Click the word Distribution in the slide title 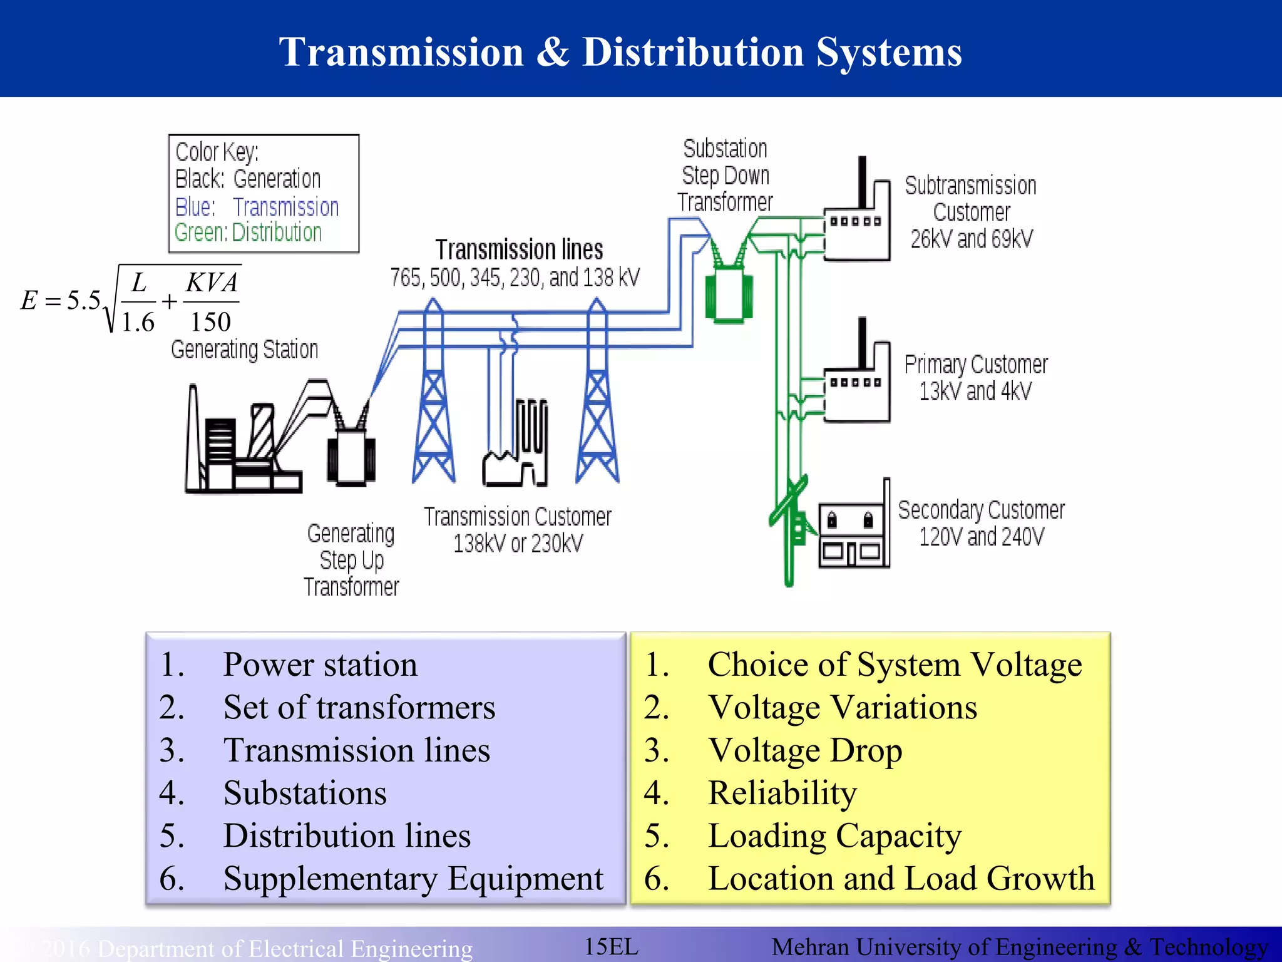(692, 52)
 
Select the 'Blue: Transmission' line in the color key (257, 207)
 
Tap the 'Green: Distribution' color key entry (248, 233)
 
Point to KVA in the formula (212, 283)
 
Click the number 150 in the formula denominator (210, 322)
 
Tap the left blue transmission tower (433, 401)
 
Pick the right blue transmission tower (597, 401)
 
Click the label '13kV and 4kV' (975, 391)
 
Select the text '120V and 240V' (981, 537)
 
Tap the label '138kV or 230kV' (518, 544)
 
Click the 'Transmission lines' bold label (519, 250)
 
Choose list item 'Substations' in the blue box (305, 793)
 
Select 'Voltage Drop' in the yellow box (805, 750)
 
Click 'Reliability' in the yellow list (782, 793)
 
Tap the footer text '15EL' (611, 946)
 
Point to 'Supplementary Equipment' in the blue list (413, 878)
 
